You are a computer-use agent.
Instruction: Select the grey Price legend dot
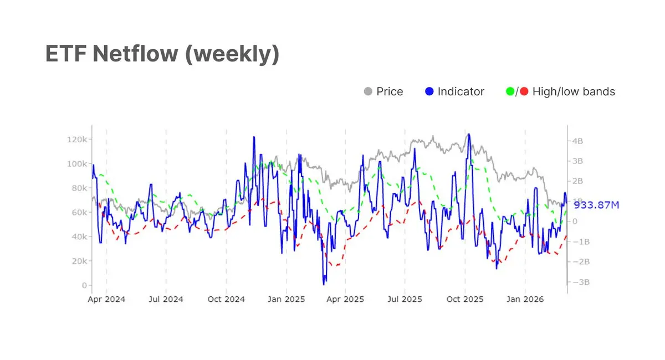click(x=367, y=91)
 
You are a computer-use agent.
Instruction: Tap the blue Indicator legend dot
click(x=429, y=91)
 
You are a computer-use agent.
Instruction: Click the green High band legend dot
click(x=510, y=91)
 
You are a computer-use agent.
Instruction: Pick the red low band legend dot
click(x=524, y=91)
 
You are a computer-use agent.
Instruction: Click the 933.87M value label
click(x=596, y=205)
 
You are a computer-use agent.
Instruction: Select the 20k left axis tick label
click(x=79, y=261)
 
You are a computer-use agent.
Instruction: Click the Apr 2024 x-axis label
click(x=106, y=300)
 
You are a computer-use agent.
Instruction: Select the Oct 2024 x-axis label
click(x=226, y=300)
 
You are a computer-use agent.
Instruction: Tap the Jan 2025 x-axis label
click(x=286, y=300)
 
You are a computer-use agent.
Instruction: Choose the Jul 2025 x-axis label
click(x=405, y=300)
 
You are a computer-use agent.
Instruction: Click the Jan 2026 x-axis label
click(x=525, y=300)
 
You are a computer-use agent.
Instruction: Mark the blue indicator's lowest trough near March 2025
click(x=324, y=284)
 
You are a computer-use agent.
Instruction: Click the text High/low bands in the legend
click(x=574, y=91)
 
